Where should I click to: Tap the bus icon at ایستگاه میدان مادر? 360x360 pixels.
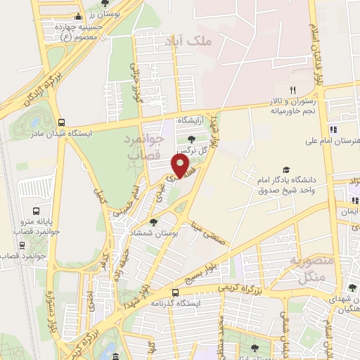pyautogui.click(x=61, y=122)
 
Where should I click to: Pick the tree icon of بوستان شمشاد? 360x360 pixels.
pyautogui.click(x=154, y=222)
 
